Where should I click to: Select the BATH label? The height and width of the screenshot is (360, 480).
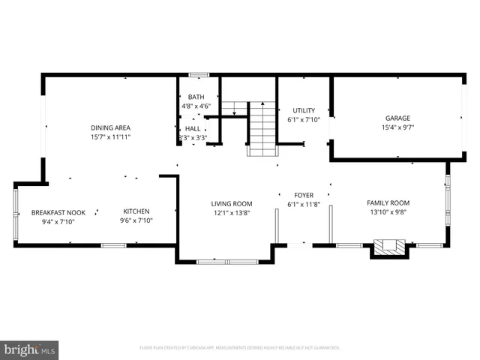point(196,97)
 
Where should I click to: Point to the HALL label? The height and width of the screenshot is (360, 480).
point(193,128)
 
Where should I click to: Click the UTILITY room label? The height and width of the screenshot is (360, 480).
point(304,110)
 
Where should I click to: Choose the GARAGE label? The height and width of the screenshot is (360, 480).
point(397,118)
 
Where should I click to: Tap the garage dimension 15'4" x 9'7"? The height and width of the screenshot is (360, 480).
point(397,127)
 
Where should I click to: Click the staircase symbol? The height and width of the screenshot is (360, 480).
point(262,129)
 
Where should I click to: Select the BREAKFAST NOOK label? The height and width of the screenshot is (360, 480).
point(58,212)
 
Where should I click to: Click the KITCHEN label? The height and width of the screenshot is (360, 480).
point(136,211)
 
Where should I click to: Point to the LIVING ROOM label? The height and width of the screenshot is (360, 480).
point(231,203)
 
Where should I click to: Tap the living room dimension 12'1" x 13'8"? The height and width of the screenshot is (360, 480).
point(231,213)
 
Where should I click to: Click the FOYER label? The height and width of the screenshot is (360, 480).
point(304,195)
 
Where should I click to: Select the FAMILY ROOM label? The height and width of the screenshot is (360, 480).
point(388,202)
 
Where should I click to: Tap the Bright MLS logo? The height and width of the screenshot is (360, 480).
point(30,349)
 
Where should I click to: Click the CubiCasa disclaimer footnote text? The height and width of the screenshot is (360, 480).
point(240,348)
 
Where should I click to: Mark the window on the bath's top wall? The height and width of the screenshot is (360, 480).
point(198,74)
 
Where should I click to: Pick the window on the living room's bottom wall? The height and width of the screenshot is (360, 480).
point(226,261)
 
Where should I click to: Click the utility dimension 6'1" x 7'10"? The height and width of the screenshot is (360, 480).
point(304,120)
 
